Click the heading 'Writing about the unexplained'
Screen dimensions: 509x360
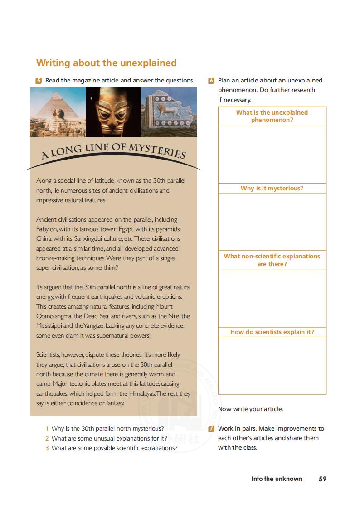tap(106, 63)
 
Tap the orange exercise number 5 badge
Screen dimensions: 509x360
tap(39, 81)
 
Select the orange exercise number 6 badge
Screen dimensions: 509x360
tap(211, 81)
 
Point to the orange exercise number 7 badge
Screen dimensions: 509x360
tap(211, 429)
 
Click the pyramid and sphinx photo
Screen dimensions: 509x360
tap(58, 112)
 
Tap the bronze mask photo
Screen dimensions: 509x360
tap(113, 112)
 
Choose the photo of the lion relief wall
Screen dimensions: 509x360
tap(169, 112)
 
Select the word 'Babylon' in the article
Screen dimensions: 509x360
tap(46, 229)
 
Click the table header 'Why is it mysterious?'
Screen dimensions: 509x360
tap(272, 189)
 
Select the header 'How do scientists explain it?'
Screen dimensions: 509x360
tap(272, 332)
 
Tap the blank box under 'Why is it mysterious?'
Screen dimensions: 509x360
tap(272, 222)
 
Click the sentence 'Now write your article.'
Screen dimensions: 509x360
tap(250, 409)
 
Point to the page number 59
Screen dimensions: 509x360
tap(322, 479)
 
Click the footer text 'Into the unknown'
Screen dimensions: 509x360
tap(277, 479)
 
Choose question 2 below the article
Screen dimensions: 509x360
tap(109, 438)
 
